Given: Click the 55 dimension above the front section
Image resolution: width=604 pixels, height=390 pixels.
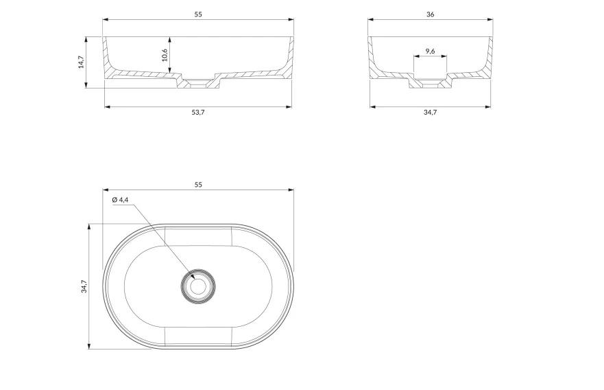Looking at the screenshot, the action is (x=198, y=14).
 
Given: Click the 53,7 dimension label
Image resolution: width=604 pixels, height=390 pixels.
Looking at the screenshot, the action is (x=198, y=112).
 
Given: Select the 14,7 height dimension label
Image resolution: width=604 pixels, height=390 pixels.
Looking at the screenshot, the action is (x=82, y=62).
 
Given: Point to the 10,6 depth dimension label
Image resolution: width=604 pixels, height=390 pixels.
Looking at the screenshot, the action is (x=165, y=55).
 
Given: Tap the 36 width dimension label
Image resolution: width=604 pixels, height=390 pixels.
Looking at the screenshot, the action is (x=431, y=14).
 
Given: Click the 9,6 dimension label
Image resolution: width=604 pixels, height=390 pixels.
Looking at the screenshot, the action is (x=431, y=51).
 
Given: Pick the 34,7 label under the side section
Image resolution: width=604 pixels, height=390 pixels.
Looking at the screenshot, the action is (x=431, y=112).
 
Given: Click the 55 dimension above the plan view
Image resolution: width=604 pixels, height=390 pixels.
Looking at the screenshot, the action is (x=198, y=185).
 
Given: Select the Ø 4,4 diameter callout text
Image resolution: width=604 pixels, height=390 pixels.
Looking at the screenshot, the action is (x=120, y=200).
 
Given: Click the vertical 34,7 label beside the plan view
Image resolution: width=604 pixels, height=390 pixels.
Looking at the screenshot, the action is (x=84, y=286).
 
